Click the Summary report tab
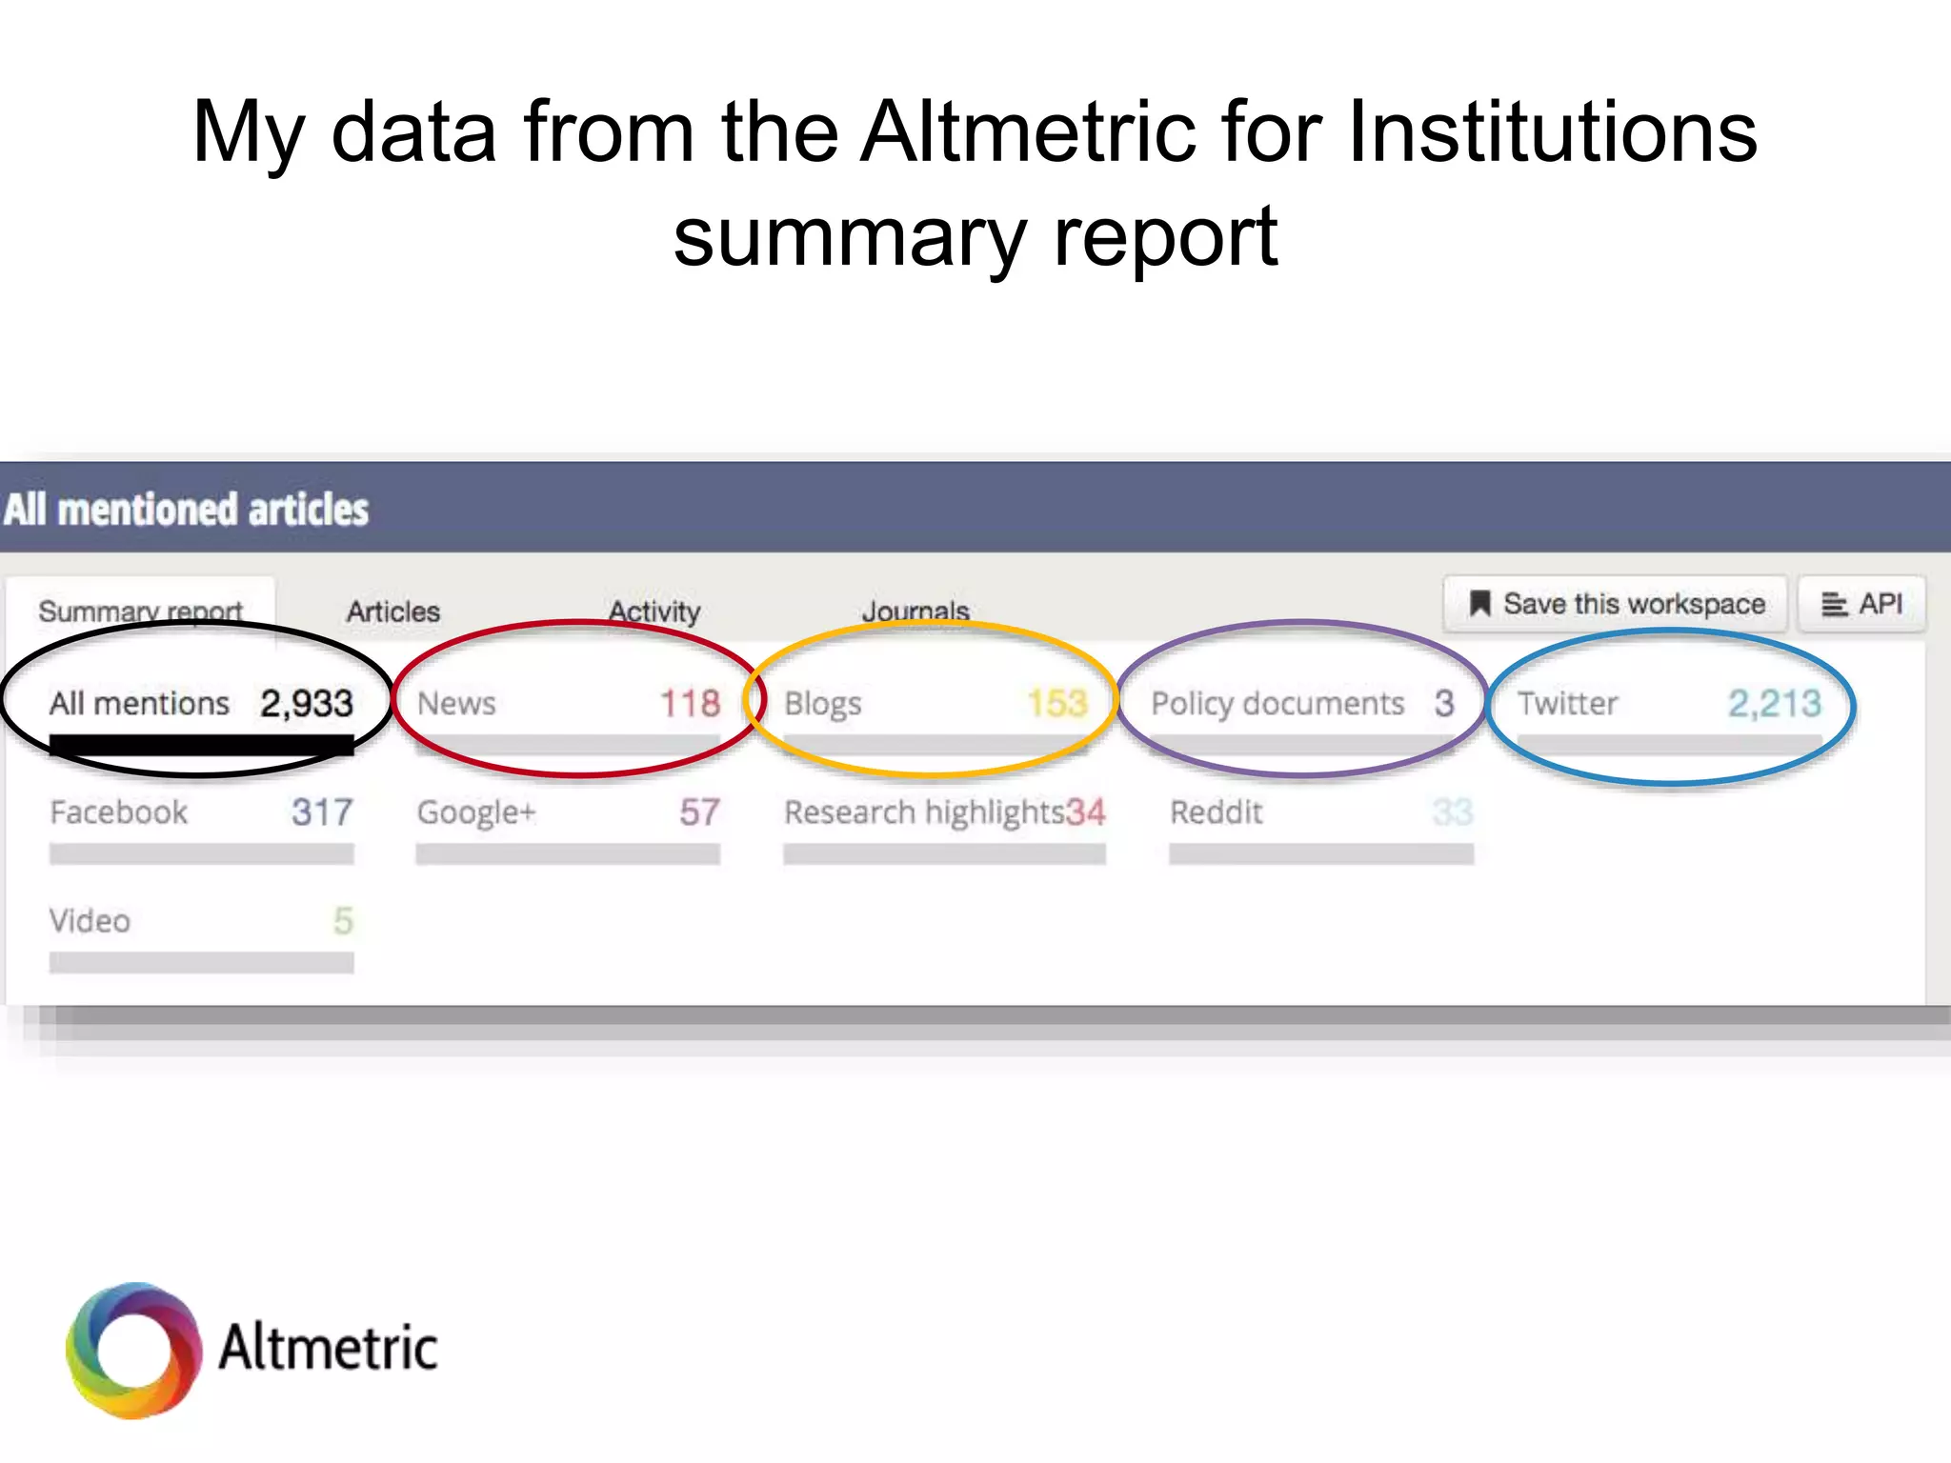[140, 611]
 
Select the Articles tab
[392, 611]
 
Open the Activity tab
[654, 611]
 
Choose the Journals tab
[915, 611]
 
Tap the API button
[1861, 604]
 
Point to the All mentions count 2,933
[307, 704]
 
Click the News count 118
[690, 704]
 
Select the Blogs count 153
[1056, 704]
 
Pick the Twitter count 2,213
[1774, 704]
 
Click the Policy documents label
[1277, 704]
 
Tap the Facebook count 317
[322, 812]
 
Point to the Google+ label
[476, 812]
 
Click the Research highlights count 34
[1085, 812]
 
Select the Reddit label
[1216, 812]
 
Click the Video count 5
[343, 921]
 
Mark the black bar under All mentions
[201, 746]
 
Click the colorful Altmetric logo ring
[134, 1350]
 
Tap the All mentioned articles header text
[187, 510]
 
